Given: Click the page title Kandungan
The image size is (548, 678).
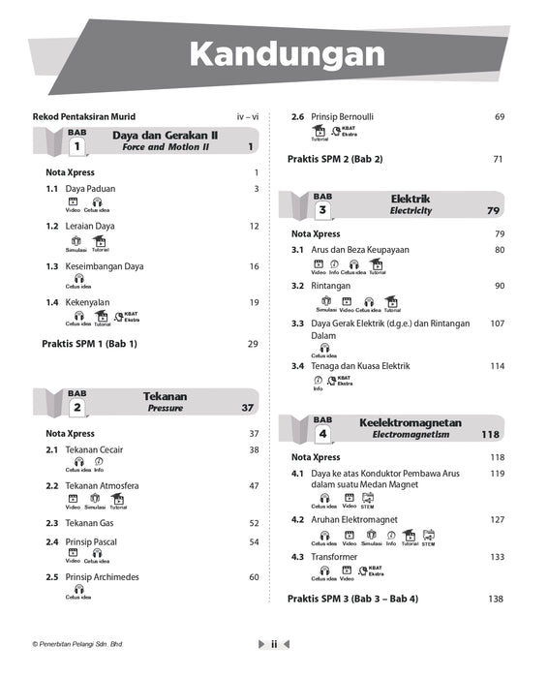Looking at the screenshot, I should (287, 54).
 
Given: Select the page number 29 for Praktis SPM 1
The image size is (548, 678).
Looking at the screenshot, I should (253, 344).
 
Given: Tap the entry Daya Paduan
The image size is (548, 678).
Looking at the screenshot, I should (89, 189).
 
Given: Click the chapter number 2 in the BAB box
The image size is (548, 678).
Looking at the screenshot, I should (76, 408).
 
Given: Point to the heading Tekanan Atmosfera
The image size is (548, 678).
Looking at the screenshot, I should (102, 485).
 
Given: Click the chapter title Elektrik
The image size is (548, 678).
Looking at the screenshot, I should (410, 199).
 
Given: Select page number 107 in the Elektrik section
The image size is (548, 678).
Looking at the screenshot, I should (497, 324).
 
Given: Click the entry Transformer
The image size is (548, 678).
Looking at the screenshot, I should (334, 557).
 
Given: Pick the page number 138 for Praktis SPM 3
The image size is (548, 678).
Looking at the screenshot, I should (496, 599).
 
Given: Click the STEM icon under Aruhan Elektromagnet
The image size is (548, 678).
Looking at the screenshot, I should (428, 536).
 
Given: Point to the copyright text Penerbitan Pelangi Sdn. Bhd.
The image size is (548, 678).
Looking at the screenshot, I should (77, 643).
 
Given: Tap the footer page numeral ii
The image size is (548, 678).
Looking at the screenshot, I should (274, 643).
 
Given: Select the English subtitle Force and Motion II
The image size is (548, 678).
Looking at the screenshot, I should (165, 147).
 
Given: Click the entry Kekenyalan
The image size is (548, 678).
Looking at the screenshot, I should (88, 302).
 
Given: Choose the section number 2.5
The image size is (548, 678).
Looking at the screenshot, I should (52, 577).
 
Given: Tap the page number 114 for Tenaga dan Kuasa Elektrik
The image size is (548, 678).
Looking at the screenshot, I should (497, 366).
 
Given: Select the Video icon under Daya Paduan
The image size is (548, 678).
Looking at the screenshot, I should (72, 202).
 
